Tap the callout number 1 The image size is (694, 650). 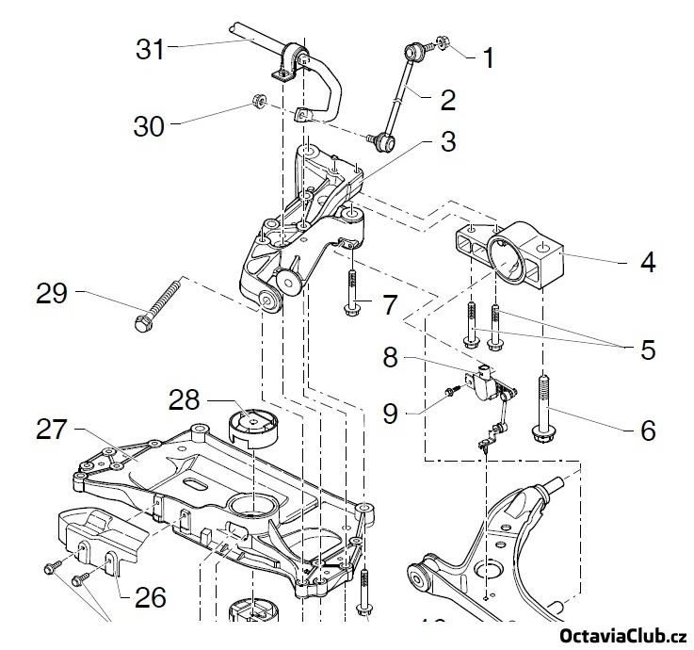point(488,59)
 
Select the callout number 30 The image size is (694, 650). point(149,125)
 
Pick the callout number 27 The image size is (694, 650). point(52,430)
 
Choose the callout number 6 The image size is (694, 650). point(647,430)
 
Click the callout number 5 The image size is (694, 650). point(647,349)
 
